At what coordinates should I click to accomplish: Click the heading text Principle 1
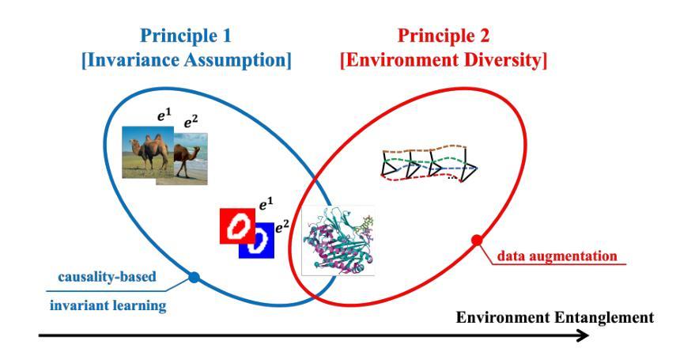point(186,36)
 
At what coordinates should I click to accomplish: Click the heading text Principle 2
point(444,36)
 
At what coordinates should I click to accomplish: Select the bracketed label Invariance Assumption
point(187,61)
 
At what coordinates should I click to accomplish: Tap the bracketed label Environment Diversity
point(444,61)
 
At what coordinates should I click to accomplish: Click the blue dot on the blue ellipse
point(194,278)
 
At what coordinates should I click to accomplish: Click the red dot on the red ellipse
point(477,241)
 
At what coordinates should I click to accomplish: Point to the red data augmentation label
point(557,256)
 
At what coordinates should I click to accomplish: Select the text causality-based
point(108,277)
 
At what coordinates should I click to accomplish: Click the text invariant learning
point(108,305)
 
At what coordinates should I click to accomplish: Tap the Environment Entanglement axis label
point(555,318)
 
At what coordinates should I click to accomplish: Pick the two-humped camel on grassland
point(148,152)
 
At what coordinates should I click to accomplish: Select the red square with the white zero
point(237,226)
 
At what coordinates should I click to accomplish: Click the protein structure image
point(338,241)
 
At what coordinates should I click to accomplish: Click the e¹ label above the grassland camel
point(164,117)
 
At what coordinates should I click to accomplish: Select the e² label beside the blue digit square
point(282,227)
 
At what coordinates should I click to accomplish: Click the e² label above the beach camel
point(191,123)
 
